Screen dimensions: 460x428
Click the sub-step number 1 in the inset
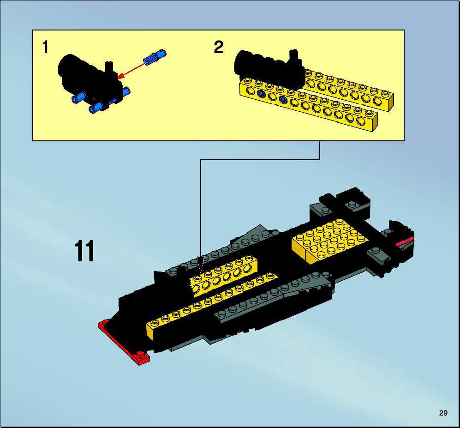pyautogui.click(x=45, y=47)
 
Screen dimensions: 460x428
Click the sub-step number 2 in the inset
pyautogui.click(x=219, y=47)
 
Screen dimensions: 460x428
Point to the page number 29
pyautogui.click(x=443, y=413)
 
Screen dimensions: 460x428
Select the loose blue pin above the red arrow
pyautogui.click(x=155, y=57)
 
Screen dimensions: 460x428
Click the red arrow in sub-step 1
pyautogui.click(x=131, y=71)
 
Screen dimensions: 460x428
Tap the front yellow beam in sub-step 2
pyautogui.click(x=308, y=107)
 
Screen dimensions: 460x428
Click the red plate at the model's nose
pyautogui.click(x=123, y=342)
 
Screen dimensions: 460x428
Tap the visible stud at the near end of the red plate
pyautogui.click(x=141, y=354)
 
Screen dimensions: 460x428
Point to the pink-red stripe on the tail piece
pyautogui.click(x=404, y=242)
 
